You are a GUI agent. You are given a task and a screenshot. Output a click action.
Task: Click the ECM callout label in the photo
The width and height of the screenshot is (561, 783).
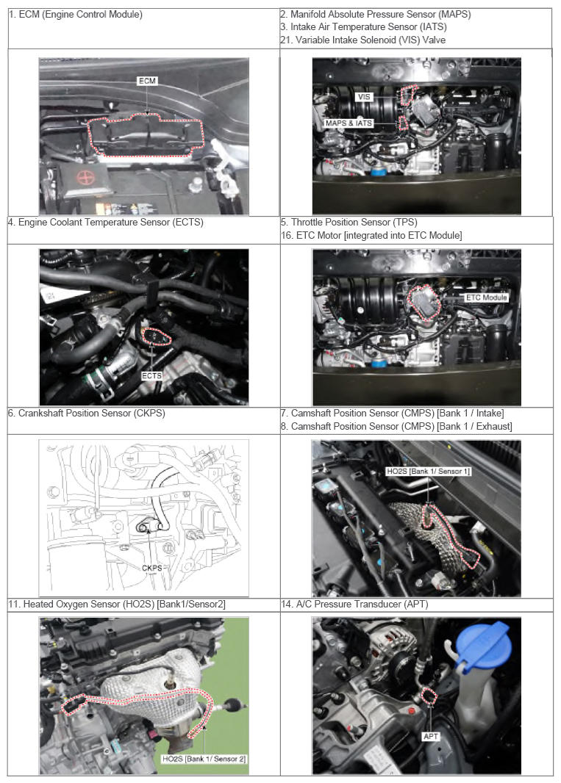tap(147, 81)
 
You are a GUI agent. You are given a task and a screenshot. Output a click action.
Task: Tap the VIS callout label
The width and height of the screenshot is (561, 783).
tap(363, 97)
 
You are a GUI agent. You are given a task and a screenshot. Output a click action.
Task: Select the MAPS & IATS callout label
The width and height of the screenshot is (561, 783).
tap(349, 123)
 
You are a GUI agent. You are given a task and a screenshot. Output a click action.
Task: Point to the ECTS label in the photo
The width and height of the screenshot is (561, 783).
tap(151, 375)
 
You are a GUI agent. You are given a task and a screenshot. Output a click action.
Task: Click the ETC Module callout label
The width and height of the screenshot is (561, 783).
tap(486, 297)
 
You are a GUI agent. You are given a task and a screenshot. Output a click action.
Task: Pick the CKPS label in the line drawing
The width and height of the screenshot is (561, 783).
tap(152, 568)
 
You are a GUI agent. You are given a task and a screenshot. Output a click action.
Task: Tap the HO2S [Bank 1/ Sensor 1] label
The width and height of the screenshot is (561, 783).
tap(429, 471)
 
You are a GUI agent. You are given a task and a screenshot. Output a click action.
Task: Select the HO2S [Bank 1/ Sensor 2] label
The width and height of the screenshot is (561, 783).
tap(204, 759)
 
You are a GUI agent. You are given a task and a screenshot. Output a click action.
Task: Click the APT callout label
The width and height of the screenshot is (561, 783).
tap(431, 736)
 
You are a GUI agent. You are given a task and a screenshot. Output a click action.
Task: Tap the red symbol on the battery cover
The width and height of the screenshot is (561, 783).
tap(85, 177)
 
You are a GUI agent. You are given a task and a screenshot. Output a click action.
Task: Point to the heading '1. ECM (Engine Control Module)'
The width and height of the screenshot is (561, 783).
tap(76, 15)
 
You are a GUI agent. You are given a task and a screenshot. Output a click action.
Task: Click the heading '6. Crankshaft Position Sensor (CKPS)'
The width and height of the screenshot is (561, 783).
tap(87, 413)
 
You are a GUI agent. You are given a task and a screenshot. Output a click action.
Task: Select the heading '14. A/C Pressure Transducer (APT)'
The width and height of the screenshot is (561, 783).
tap(354, 604)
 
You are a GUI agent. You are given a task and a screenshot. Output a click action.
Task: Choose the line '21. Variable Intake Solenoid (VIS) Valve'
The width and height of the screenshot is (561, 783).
tap(363, 40)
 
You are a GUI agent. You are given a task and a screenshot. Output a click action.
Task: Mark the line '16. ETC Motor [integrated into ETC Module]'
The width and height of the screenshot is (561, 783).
tap(371, 235)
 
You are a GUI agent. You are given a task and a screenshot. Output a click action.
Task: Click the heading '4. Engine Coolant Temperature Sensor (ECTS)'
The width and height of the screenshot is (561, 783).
tap(105, 223)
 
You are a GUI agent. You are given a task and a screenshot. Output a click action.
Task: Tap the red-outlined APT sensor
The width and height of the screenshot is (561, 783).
tap(429, 695)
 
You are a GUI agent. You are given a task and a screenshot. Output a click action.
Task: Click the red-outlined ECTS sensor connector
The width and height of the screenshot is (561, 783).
tap(157, 336)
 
